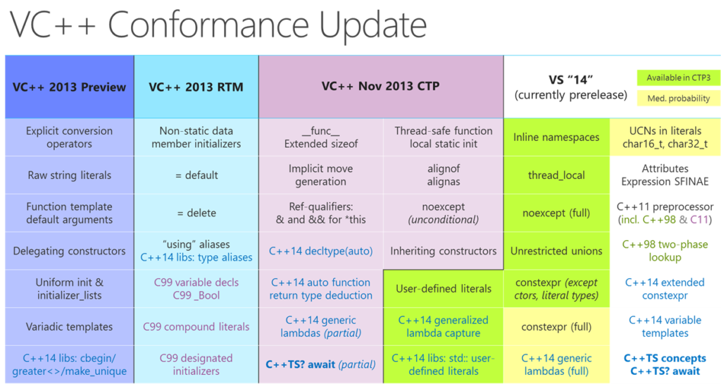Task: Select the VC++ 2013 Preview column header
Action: pyautogui.click(x=69, y=87)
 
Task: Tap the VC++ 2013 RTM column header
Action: pyautogui.click(x=196, y=87)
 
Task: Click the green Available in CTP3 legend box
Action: pyautogui.click(x=673, y=78)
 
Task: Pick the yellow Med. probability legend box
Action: pyautogui.click(x=673, y=99)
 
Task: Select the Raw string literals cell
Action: pyautogui.click(x=69, y=175)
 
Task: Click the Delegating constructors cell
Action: pyautogui.click(x=69, y=251)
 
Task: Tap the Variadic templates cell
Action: pyautogui.click(x=69, y=326)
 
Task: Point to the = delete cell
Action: pyautogui.click(x=196, y=213)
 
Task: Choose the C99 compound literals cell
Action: pyautogui.click(x=196, y=326)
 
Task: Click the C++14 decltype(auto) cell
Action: pyautogui.click(x=320, y=251)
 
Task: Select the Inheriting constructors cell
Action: pyautogui.click(x=443, y=251)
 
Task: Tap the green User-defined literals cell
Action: pyautogui.click(x=443, y=288)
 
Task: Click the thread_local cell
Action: pyautogui.click(x=556, y=175)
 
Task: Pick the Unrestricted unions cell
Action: pyautogui.click(x=556, y=251)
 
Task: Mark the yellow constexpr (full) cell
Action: pyautogui.click(x=556, y=326)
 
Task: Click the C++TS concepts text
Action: pyautogui.click(x=665, y=358)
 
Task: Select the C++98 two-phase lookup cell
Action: pyautogui.click(x=665, y=251)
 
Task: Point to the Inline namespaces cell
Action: pyautogui.click(x=556, y=137)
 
